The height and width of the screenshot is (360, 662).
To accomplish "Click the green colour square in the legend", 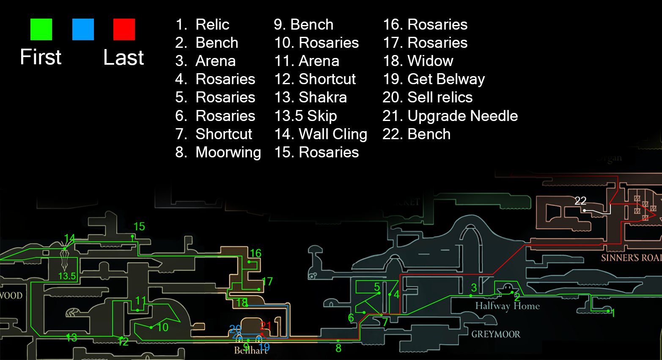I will (41, 29).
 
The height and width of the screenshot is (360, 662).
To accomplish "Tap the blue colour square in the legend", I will (83, 29).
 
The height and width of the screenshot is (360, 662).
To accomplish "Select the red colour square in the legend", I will (124, 29).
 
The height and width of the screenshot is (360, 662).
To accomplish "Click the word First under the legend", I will (41, 57).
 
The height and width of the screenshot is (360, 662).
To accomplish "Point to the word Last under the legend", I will (124, 58).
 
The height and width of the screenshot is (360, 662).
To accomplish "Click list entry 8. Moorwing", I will (218, 152).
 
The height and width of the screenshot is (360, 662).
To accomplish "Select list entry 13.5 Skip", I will (305, 116).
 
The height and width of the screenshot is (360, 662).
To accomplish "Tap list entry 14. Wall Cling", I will (321, 134).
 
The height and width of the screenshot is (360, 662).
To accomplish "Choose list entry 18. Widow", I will (418, 61).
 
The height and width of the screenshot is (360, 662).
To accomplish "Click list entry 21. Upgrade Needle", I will (450, 116).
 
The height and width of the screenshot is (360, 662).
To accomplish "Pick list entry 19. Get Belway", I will (434, 79).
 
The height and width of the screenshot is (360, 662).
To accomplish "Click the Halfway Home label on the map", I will (507, 306).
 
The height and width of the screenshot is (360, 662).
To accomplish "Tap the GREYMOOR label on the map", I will (496, 334).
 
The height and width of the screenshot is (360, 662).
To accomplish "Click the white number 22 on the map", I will (580, 201).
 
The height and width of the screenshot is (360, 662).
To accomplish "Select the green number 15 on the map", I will (139, 227).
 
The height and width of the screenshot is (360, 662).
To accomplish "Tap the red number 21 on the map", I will (266, 325).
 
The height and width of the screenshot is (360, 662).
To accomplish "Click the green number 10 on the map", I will (163, 327).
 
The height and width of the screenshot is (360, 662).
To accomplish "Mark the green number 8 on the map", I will (338, 348).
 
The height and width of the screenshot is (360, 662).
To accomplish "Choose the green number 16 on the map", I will (255, 253).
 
